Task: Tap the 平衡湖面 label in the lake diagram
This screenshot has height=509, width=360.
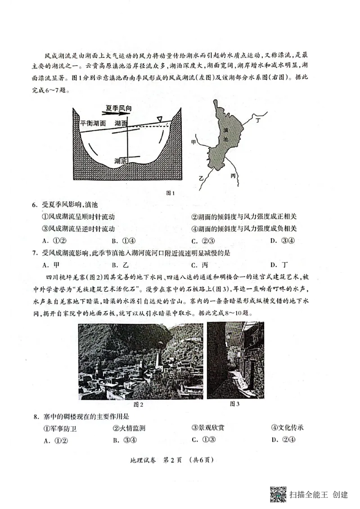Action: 93,123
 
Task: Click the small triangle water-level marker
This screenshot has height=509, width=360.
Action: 159,119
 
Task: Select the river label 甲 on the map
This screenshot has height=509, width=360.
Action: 194,142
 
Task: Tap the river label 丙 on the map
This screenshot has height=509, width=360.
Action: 233,175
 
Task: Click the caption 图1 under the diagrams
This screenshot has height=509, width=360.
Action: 171,194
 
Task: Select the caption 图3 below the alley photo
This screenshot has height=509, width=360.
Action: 234,404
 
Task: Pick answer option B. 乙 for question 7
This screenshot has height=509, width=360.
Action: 120,265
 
